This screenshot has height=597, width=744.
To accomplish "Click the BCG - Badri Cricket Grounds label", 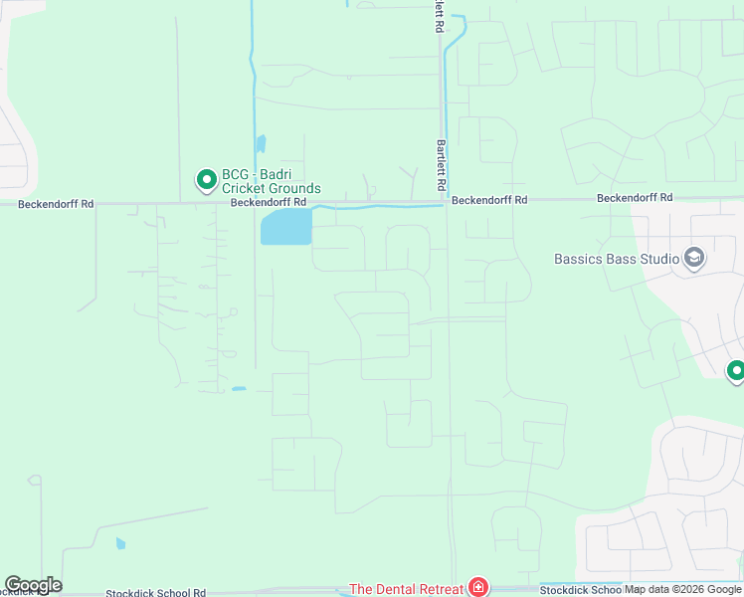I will click(x=271, y=181).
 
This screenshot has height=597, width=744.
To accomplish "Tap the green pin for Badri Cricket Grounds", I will click(x=207, y=180).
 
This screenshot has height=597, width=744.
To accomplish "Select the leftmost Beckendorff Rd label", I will click(x=56, y=204).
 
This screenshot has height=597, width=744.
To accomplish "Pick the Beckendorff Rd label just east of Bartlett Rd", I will click(x=488, y=200).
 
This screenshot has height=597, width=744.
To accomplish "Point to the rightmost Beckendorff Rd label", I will click(x=635, y=199).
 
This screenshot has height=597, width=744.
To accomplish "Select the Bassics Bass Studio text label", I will click(x=617, y=259).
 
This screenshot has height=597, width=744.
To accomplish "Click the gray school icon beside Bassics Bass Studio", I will click(x=694, y=259).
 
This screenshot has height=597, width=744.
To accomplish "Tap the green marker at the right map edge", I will click(x=736, y=372).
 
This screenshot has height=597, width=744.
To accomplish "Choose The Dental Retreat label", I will click(x=406, y=589).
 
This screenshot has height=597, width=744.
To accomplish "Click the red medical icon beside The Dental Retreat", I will click(x=478, y=588).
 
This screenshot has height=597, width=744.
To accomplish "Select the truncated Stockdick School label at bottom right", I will click(x=581, y=590).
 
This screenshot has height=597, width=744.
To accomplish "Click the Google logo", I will click(x=33, y=585).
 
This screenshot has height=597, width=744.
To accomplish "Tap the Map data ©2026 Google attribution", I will click(x=684, y=590).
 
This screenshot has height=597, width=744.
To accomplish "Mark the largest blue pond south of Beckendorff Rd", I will click(x=285, y=227).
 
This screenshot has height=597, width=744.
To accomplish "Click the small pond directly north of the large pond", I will click(x=261, y=144).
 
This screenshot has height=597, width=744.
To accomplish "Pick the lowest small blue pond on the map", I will click(x=120, y=543).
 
